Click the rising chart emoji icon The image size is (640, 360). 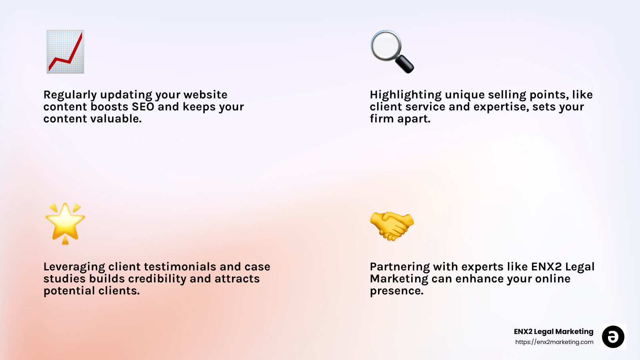(65, 52)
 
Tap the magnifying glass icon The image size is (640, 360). (391, 51)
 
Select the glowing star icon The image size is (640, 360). (65, 223)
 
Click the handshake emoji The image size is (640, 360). (392, 226)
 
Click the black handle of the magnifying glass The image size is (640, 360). (405, 64)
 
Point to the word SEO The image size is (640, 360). (143, 107)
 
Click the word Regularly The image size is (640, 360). (70, 95)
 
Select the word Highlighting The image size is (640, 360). (406, 95)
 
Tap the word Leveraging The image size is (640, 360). (74, 267)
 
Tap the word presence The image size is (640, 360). (396, 291)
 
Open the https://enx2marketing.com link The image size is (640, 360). (554, 342)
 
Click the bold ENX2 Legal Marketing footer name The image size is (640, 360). (553, 332)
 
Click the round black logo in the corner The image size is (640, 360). (613, 337)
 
